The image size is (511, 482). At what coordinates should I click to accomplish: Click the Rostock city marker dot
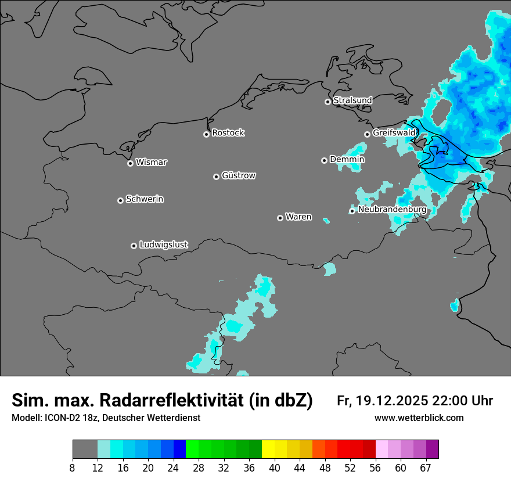pos(206,134)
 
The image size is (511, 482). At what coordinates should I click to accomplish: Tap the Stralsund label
pos(352,100)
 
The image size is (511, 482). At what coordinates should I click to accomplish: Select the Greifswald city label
pos(394,133)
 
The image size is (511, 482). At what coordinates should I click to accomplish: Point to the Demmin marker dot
pos(325,160)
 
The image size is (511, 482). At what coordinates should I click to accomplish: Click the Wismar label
pos(151,163)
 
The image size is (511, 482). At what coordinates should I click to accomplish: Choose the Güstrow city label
pos(239,175)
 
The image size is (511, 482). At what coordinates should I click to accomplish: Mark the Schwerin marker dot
pos(121,200)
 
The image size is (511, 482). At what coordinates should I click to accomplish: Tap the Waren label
pos(298,217)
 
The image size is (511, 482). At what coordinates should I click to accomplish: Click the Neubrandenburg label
pos(392,210)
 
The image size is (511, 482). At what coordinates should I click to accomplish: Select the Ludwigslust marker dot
pos(134,246)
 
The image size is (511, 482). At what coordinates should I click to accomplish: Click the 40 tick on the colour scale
pos(275,467)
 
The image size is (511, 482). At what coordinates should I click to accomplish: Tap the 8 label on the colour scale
pos(73,467)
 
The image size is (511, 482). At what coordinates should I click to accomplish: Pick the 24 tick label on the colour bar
pos(174,467)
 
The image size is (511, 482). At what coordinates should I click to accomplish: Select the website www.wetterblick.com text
pos(419,418)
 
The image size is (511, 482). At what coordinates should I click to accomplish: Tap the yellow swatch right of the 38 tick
pos(268,449)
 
